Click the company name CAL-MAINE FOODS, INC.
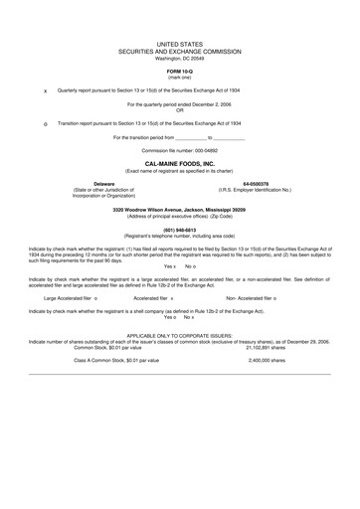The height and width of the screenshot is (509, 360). [179, 163]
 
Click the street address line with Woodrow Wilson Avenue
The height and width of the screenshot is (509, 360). [179, 208]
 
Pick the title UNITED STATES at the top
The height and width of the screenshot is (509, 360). [179, 46]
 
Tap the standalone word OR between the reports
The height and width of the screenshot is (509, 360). [179, 109]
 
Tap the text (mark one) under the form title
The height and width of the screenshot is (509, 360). [179, 80]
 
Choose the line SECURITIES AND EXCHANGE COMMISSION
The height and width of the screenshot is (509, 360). [179, 53]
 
